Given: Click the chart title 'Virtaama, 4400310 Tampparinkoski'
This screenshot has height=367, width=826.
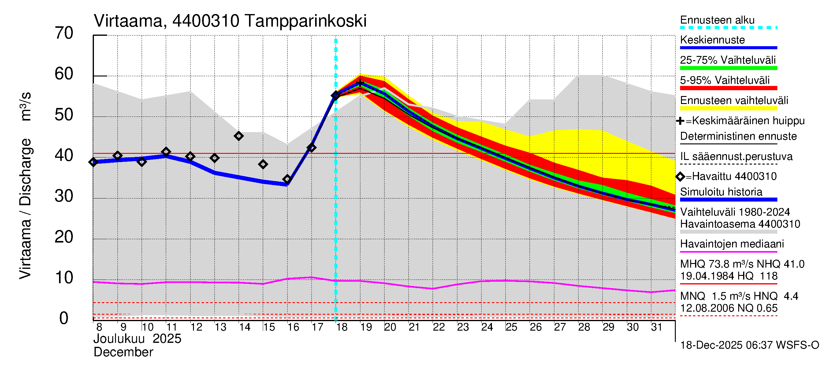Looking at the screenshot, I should [x=230, y=21].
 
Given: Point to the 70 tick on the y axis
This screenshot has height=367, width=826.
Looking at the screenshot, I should [x=64, y=33].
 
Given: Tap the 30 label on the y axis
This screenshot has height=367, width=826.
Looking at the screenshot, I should [x=64, y=196].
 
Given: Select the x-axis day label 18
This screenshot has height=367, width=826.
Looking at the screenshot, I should [x=342, y=327].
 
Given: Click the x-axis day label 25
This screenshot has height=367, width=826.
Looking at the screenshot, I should [x=512, y=327].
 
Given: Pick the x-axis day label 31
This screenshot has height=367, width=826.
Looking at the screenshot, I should [x=657, y=327].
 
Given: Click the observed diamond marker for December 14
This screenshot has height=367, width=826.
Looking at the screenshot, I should [x=239, y=136].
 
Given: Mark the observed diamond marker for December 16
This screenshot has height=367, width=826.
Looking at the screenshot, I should [x=287, y=179].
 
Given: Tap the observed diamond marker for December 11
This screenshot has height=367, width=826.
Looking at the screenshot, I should [x=166, y=152].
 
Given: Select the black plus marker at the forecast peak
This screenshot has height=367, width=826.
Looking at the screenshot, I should [x=360, y=83].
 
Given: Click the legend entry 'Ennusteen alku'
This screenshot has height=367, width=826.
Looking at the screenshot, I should [x=717, y=20].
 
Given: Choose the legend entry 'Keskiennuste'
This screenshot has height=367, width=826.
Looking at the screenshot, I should [x=712, y=40].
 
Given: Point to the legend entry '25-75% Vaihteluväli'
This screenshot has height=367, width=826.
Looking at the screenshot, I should [x=727, y=60].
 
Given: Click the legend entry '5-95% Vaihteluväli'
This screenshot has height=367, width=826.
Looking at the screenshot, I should [x=724, y=80].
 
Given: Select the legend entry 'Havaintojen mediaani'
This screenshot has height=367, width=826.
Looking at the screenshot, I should [x=732, y=244].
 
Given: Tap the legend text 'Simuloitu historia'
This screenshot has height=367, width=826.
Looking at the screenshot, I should [x=721, y=192].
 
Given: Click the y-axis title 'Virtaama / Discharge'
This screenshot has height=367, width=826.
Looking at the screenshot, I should [x=25, y=208].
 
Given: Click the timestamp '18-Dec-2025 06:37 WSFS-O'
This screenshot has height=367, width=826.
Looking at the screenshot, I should [x=749, y=345].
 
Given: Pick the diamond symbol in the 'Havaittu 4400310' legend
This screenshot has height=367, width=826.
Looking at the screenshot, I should [x=680, y=176].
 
